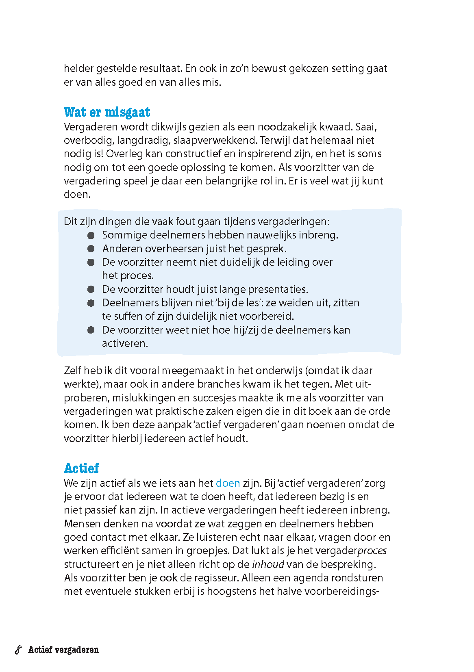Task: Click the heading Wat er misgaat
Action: coord(107,112)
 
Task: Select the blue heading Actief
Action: coord(81,468)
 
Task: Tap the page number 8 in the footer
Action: coord(18,650)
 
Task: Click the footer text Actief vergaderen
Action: coord(63,650)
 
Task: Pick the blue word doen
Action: coord(228,483)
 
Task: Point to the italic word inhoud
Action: coord(268,564)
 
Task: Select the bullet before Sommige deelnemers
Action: coord(91,235)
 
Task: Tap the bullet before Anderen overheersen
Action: coord(91,249)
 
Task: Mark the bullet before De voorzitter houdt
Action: coord(91,289)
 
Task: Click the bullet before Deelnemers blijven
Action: coord(91,303)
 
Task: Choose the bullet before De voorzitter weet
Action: coord(91,330)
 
